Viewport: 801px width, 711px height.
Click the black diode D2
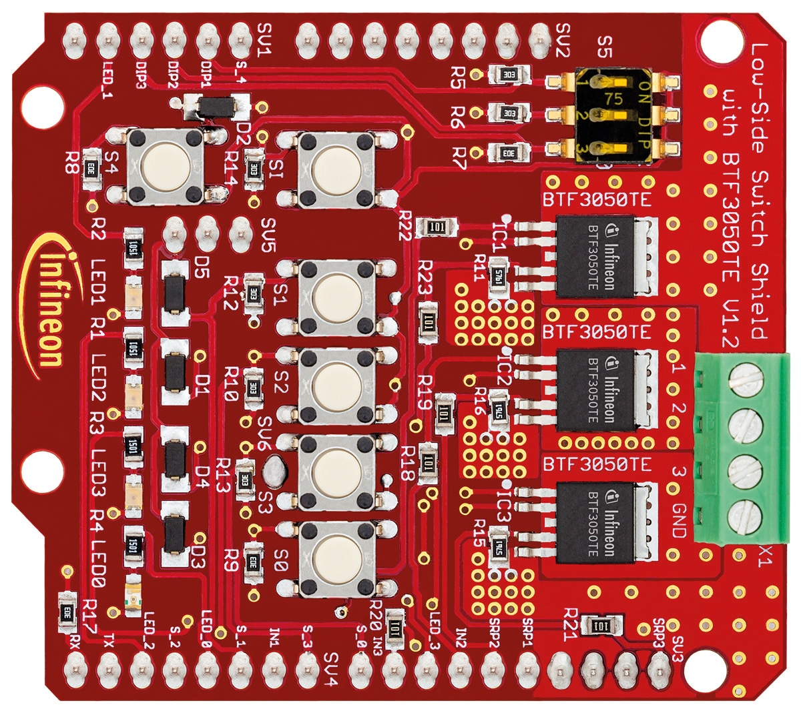pyautogui.click(x=211, y=107)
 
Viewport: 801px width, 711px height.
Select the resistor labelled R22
pyautogui.click(x=438, y=227)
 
